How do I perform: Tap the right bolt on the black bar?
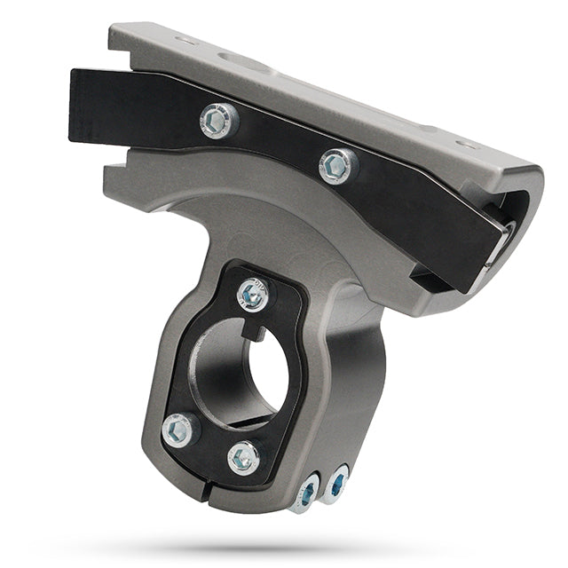[x=338, y=165]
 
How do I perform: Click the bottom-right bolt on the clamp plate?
[x=243, y=458]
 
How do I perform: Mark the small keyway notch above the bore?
[x=256, y=329]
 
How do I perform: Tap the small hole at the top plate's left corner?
[x=185, y=41]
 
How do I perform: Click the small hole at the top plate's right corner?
[x=466, y=144]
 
